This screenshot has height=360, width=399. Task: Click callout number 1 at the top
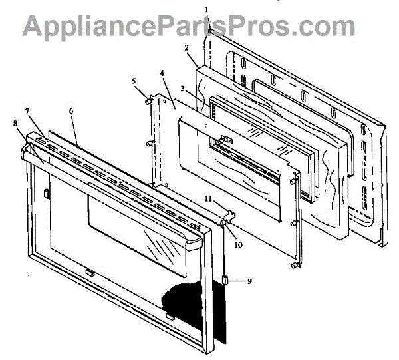pyautogui.click(x=207, y=9)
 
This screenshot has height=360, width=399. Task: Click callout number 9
pyautogui.click(x=250, y=281)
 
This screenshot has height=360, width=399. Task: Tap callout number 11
pyautogui.click(x=207, y=200)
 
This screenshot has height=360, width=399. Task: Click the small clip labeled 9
pyautogui.click(x=226, y=280)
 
